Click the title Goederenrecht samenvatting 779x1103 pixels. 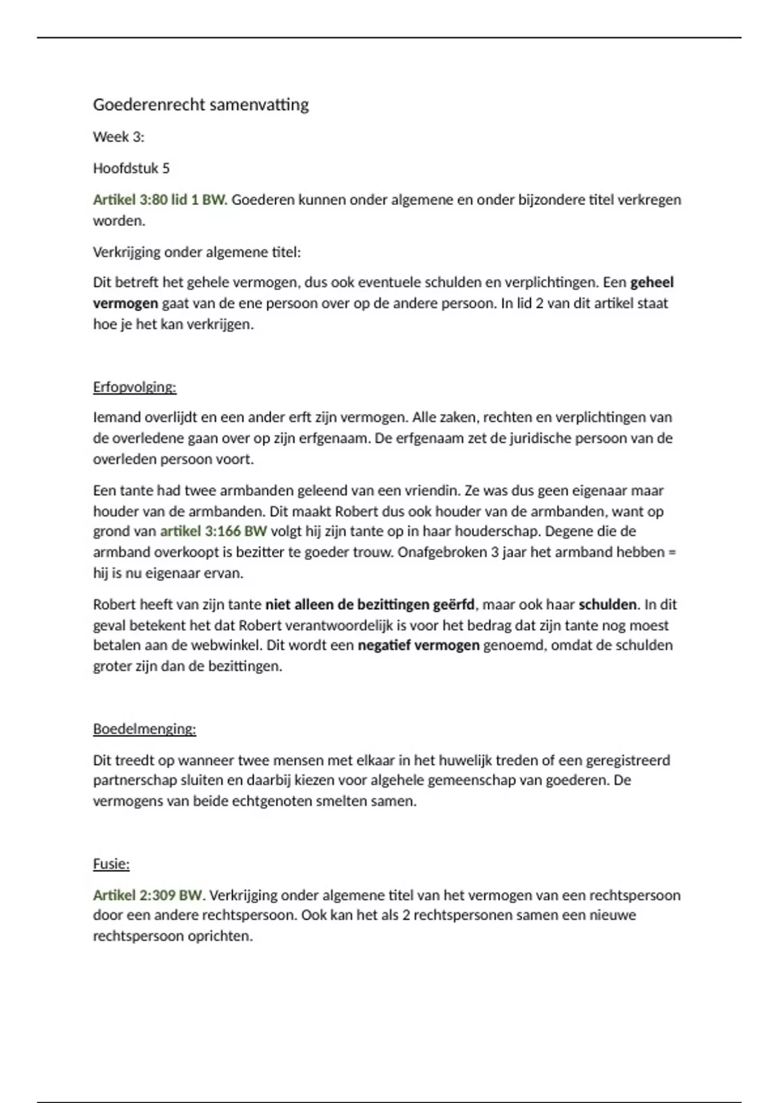[x=201, y=104]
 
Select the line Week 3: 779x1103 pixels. [x=119, y=137]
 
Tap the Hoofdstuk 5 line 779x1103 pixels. [x=131, y=168]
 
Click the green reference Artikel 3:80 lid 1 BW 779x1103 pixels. [x=160, y=200]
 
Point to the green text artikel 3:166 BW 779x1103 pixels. [x=214, y=531]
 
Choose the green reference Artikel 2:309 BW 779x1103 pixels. [x=149, y=895]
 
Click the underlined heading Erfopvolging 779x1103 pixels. [x=134, y=387]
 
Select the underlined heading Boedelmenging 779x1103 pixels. [x=144, y=729]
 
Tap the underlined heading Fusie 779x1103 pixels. [x=111, y=864]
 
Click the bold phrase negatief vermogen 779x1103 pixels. [x=419, y=646]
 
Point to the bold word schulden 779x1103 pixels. [x=608, y=605]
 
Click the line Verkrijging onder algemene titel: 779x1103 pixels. [x=197, y=252]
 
